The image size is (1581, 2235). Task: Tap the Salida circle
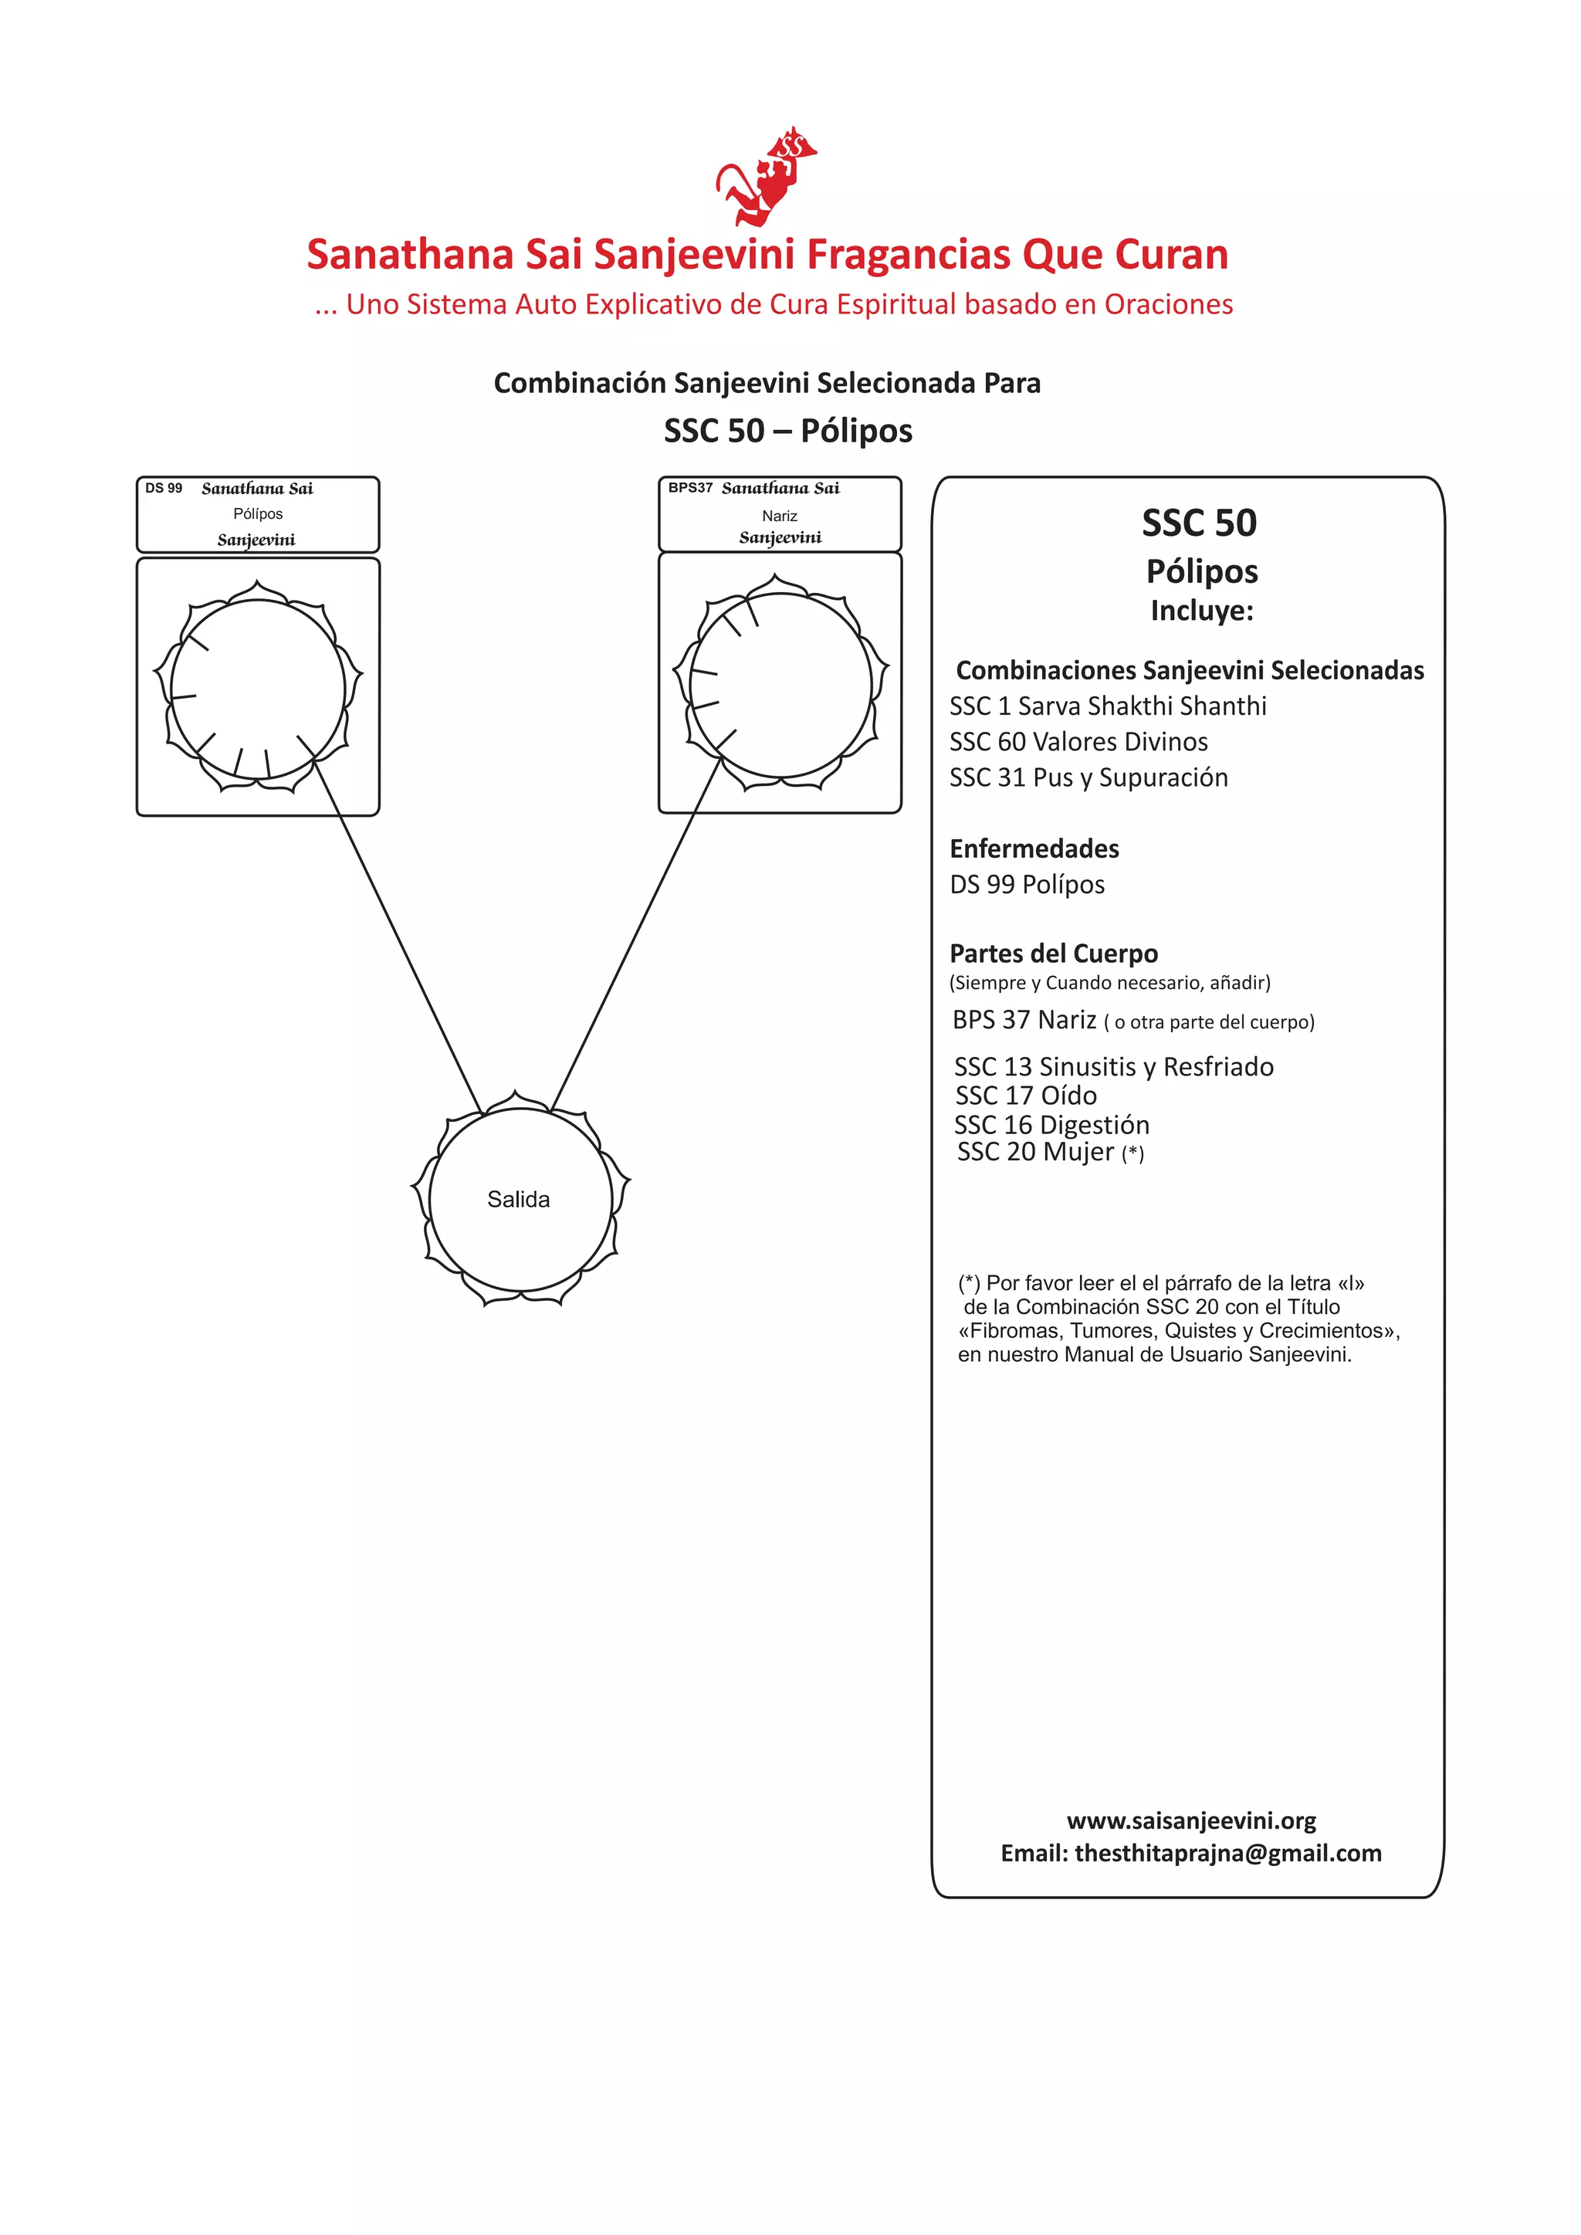pos(520,1199)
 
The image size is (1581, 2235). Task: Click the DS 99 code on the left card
pos(164,489)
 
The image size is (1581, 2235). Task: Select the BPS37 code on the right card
pos(690,488)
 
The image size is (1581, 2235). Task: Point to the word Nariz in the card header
pos(780,516)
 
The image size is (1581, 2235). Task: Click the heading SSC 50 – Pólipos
pos(787,430)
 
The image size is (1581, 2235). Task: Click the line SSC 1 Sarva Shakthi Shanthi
pos(1108,706)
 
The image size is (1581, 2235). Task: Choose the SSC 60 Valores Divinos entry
pos(1078,742)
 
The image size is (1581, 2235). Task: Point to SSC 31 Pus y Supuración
pos(1088,777)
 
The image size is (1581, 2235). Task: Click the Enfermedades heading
pos(1034,848)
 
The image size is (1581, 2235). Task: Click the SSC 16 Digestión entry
pos(1051,1126)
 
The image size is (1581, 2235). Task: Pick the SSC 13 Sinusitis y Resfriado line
pos(1114,1067)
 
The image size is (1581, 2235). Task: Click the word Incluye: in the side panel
pos(1201,611)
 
